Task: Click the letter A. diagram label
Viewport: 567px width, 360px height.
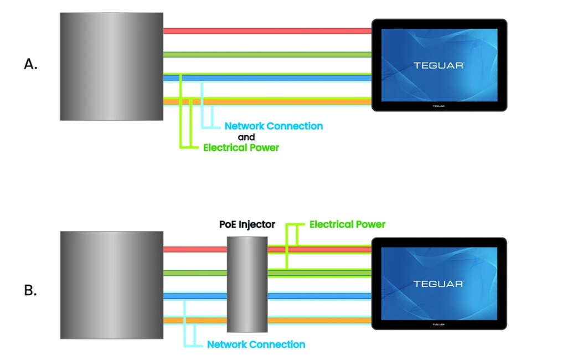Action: click(30, 64)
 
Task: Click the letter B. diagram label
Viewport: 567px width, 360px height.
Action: click(30, 290)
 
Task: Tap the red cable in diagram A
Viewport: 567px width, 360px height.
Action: click(266, 31)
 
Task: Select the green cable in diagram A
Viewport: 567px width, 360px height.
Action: click(266, 54)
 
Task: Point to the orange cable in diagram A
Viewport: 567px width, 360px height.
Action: click(266, 101)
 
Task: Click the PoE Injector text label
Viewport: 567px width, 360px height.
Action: click(247, 225)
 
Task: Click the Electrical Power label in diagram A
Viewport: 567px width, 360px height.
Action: click(241, 148)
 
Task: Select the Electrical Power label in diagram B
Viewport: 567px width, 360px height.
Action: click(347, 224)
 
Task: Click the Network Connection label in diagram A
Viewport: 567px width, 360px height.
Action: click(274, 126)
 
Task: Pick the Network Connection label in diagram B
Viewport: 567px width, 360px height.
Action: click(256, 344)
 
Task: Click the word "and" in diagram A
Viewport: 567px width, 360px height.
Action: click(246, 137)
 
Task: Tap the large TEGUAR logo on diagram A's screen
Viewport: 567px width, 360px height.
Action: click(439, 65)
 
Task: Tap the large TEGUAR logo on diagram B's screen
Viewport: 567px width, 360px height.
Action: click(439, 284)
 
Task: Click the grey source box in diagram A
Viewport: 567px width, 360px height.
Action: click(111, 66)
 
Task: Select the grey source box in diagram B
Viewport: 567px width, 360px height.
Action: click(111, 285)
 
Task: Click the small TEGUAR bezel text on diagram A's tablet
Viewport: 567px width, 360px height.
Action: click(439, 104)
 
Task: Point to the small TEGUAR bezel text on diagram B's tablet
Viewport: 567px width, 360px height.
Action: click(439, 323)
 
